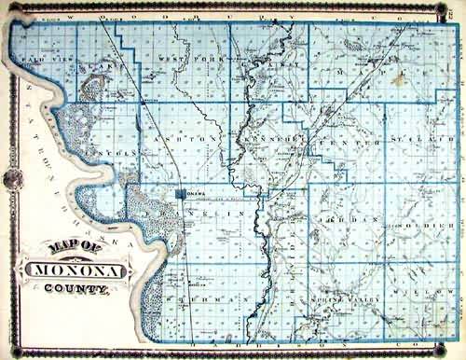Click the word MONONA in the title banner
click(79, 272)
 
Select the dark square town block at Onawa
click(179, 195)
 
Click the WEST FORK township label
click(182, 62)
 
